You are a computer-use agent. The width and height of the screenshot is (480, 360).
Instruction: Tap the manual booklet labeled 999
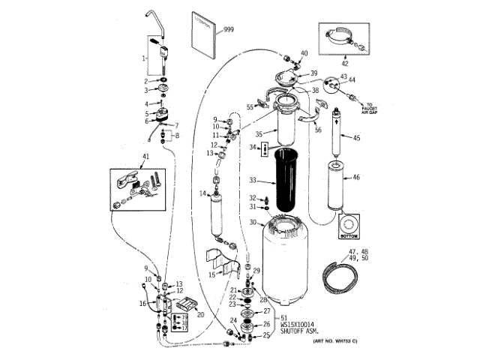(206, 35)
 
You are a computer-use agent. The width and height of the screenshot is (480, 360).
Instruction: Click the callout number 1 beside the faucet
(144, 57)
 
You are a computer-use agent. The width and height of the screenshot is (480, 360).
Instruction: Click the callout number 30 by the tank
(253, 222)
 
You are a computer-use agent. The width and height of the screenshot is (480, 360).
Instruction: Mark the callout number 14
(202, 195)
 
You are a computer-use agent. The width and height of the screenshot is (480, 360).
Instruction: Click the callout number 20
(200, 315)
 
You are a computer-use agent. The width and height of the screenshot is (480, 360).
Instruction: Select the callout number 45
(357, 137)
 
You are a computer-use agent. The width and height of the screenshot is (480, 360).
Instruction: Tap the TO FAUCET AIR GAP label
(373, 109)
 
